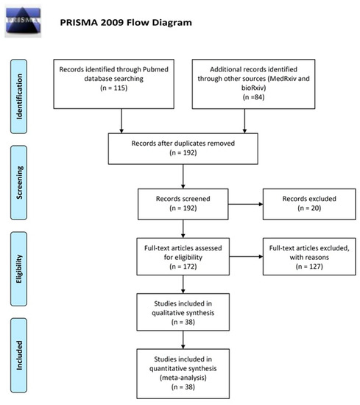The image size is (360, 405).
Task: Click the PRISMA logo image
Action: tap(23, 21)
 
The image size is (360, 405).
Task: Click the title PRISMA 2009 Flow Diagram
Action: tap(126, 23)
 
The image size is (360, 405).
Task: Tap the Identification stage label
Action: tap(18, 96)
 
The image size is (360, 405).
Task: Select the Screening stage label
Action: tap(18, 183)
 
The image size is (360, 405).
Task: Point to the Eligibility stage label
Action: tap(18, 269)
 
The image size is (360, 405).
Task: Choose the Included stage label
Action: tap(18, 356)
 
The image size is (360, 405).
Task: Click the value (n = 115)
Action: tap(113, 88)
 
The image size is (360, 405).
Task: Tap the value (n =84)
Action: tap(253, 97)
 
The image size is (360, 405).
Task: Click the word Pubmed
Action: tap(155, 69)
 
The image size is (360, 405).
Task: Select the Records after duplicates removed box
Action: tap(183, 149)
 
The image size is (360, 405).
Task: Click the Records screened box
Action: tap(183, 204)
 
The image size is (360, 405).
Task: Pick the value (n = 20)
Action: tap(309, 208)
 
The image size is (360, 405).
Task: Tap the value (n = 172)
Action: tap(183, 267)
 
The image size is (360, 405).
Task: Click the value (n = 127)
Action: tap(309, 267)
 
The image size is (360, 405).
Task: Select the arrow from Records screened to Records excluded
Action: tap(246, 204)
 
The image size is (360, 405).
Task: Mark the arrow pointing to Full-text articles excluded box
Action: tap(246, 256)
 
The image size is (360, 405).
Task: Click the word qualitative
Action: tap(169, 313)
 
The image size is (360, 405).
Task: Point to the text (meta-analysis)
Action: tap(183, 378)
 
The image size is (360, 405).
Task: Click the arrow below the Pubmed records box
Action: tap(121, 121)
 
